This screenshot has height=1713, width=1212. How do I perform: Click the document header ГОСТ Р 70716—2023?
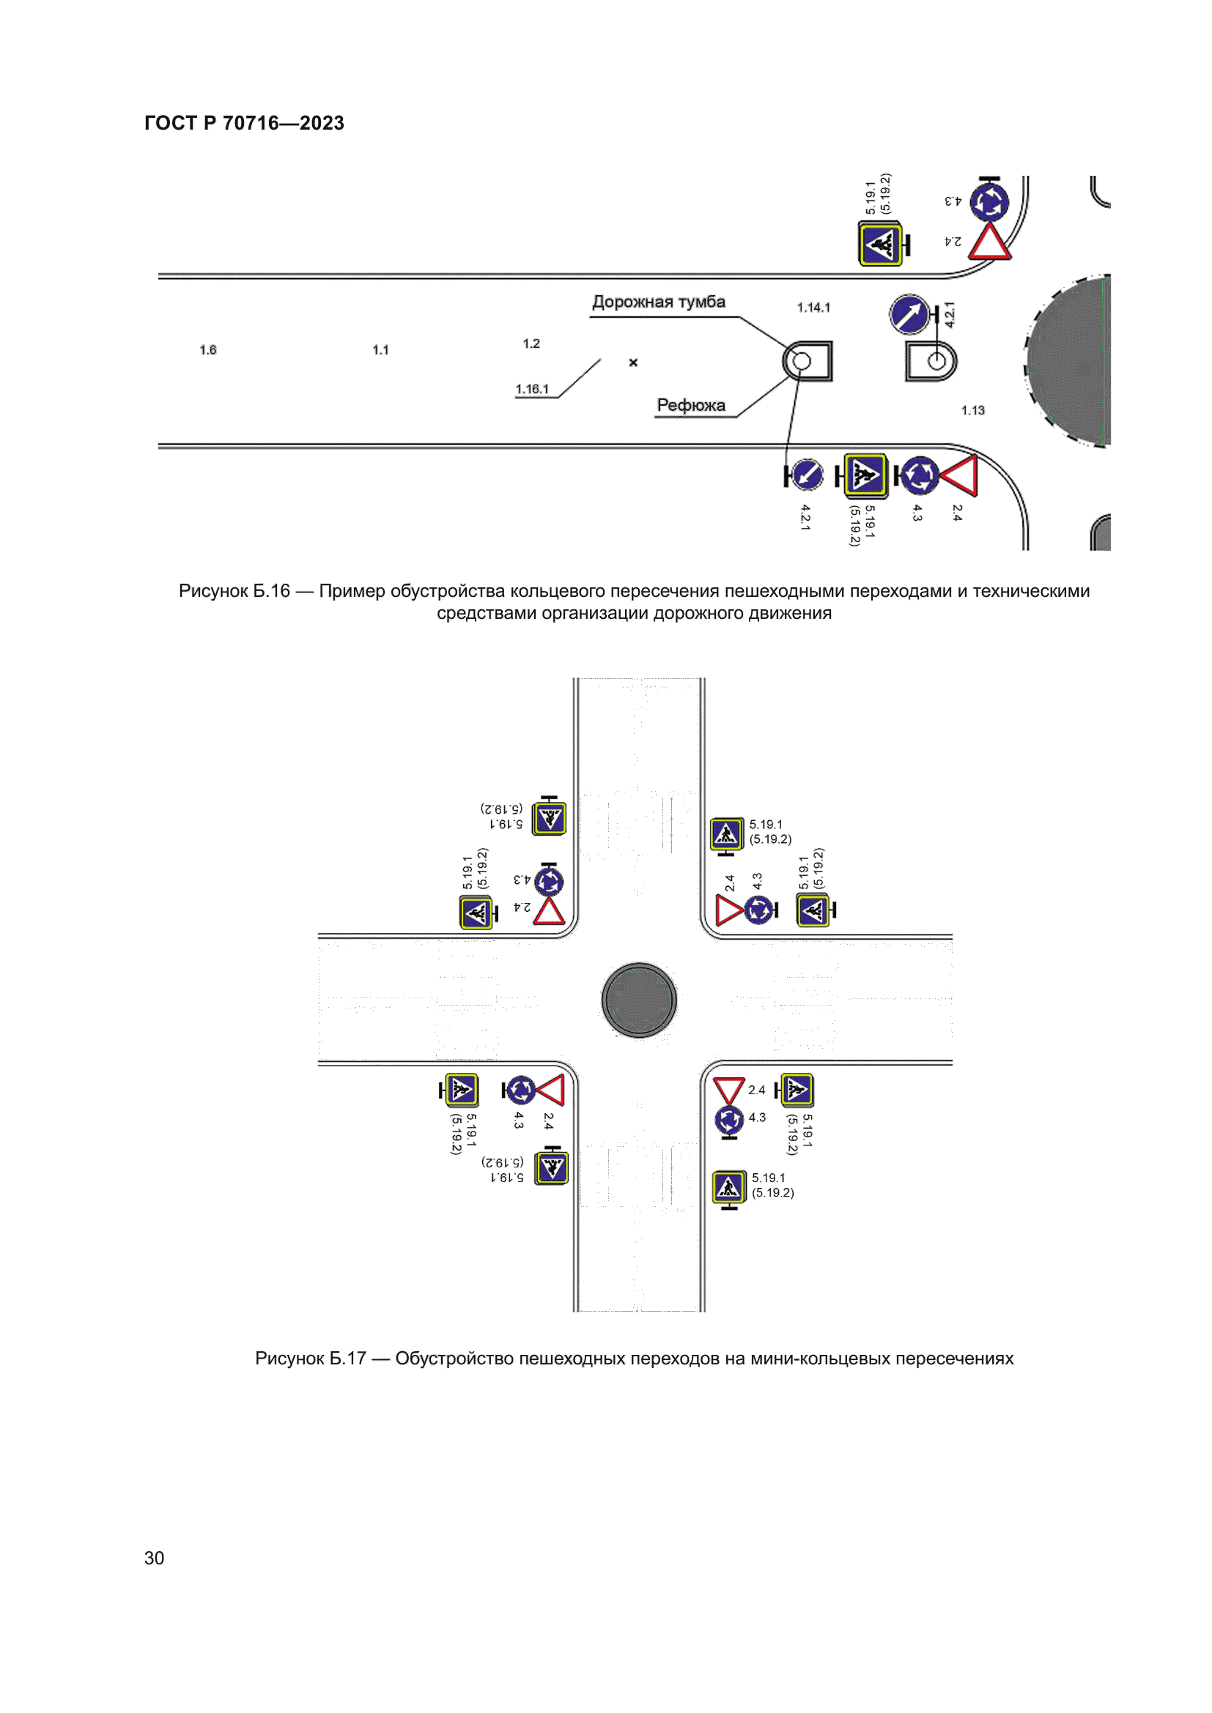point(244,123)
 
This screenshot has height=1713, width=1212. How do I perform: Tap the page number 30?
point(154,1558)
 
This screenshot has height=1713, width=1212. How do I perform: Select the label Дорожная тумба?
point(658,302)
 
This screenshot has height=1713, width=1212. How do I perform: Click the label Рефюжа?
point(690,405)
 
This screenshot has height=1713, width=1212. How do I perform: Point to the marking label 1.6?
point(207,350)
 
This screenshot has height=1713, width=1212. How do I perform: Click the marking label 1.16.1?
point(531,390)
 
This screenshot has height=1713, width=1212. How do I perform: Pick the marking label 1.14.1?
point(813,308)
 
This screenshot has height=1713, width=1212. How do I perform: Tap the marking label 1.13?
point(972,410)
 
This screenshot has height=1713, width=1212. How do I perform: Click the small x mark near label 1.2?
point(633,363)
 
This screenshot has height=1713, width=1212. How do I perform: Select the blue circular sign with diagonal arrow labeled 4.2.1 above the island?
point(909,315)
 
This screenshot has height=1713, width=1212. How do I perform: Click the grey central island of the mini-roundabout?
point(639,1000)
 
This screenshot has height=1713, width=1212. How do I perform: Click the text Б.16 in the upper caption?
point(271,592)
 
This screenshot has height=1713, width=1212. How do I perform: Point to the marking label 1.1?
point(380,350)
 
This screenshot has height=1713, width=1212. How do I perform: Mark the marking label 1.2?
point(531,344)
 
